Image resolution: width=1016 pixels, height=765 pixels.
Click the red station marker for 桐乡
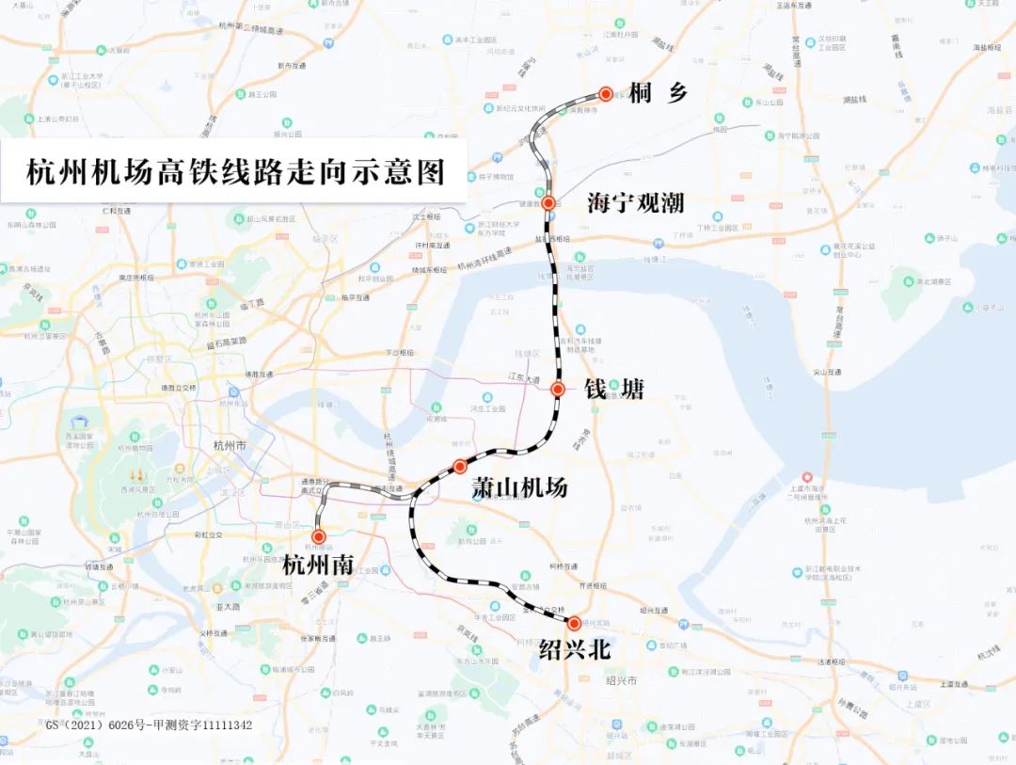[x=606, y=94]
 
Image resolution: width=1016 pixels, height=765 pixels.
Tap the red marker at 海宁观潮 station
[x=548, y=202]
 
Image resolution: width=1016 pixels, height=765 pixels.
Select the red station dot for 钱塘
[x=557, y=389]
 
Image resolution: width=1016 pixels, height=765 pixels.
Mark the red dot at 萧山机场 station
[x=460, y=466]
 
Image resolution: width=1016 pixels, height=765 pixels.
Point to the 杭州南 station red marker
[x=319, y=536]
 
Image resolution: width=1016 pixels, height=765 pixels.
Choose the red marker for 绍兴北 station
[x=574, y=623]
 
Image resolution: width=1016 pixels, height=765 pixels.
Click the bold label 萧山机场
[x=519, y=488]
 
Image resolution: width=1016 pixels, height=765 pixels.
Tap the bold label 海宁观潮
[x=635, y=203]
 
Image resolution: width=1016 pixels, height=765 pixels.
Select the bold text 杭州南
[x=318, y=566]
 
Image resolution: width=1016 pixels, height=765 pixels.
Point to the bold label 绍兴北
[x=572, y=650]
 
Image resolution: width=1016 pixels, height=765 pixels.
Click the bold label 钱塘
[x=614, y=390]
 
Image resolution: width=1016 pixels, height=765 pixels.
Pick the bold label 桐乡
[x=659, y=94]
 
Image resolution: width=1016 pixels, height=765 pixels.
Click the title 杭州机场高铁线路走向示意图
[x=235, y=173]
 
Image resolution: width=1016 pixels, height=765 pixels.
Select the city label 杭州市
[x=230, y=446]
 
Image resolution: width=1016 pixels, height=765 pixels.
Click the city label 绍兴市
[x=622, y=679]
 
